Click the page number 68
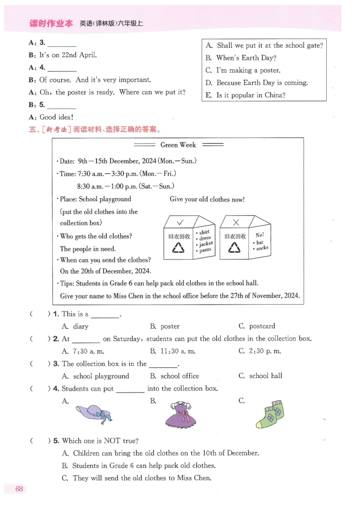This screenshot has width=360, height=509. click(x=19, y=489)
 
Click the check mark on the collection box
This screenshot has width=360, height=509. click(x=180, y=222)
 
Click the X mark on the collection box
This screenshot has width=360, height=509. click(x=236, y=222)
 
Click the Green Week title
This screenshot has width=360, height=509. click(x=178, y=145)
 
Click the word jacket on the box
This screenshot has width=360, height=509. click(x=206, y=244)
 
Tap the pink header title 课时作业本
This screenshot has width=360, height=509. click(x=50, y=24)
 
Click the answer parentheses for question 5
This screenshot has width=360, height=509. click(x=40, y=441)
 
